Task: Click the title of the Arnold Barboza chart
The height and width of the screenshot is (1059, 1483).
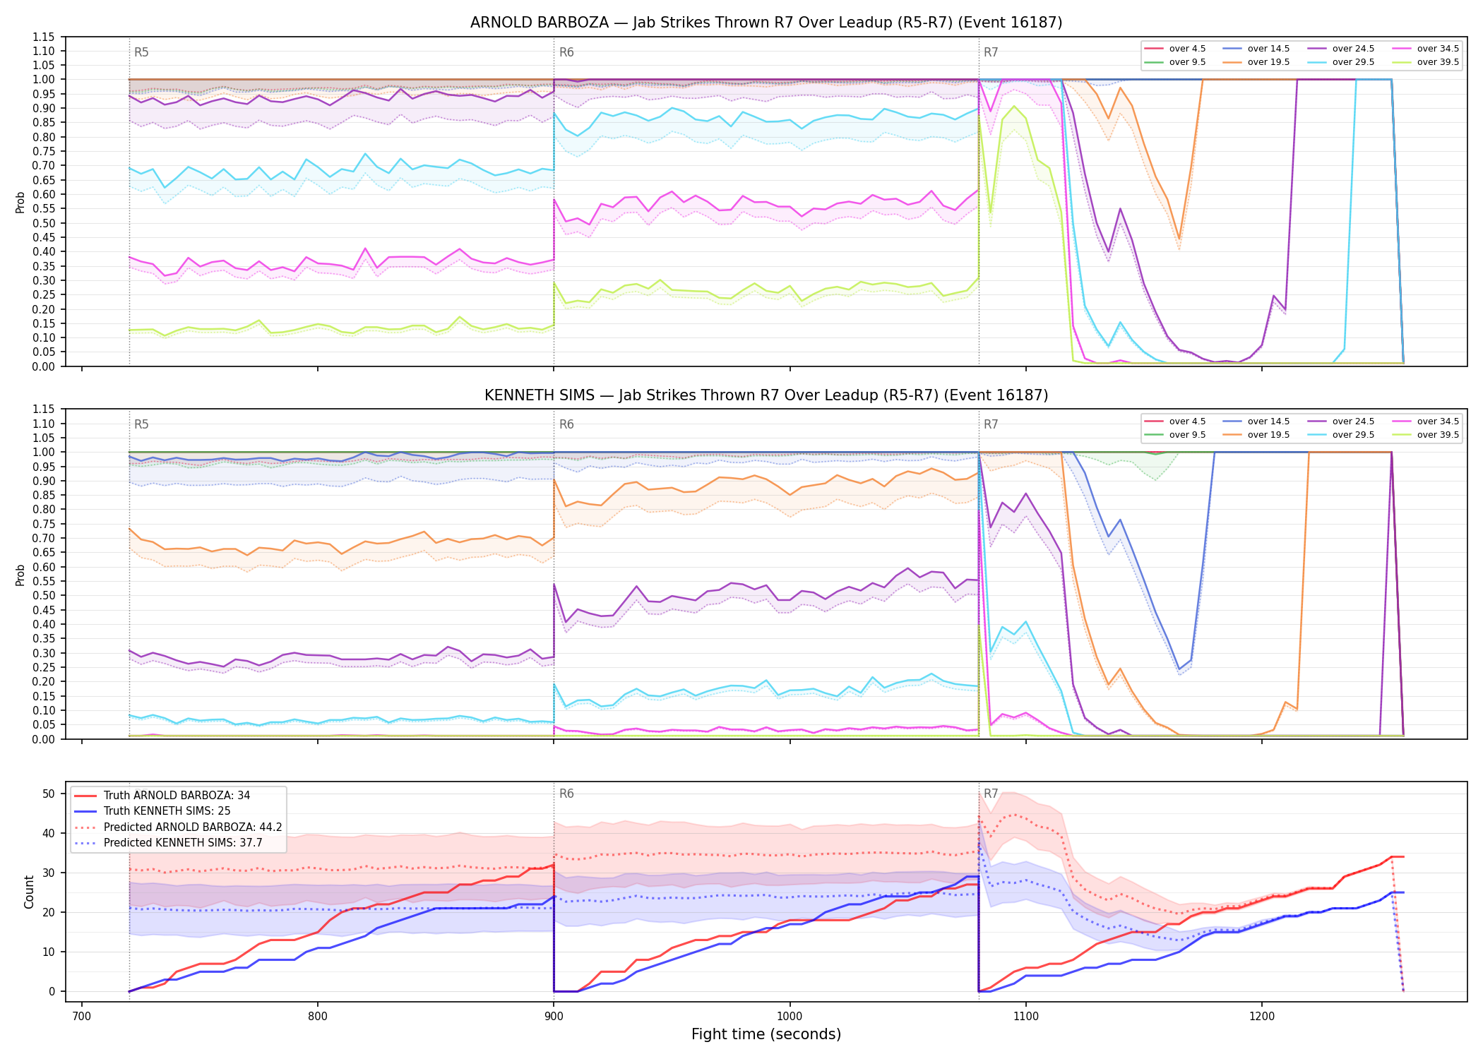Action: pyautogui.click(x=766, y=23)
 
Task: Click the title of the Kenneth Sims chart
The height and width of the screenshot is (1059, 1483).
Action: pyautogui.click(x=766, y=395)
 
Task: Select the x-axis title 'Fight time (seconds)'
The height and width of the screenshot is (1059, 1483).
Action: pyautogui.click(x=766, y=1034)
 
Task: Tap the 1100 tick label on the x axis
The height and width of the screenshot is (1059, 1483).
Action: pyautogui.click(x=1025, y=1017)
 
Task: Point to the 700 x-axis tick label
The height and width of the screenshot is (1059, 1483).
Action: pyautogui.click(x=81, y=1017)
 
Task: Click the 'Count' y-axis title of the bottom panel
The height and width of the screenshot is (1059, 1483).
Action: pyautogui.click(x=29, y=892)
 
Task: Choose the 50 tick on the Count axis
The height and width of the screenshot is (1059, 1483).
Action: pyautogui.click(x=49, y=794)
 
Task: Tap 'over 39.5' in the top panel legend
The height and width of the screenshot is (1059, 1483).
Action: pyautogui.click(x=1438, y=62)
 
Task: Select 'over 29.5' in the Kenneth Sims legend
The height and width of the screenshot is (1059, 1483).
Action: pyautogui.click(x=1353, y=435)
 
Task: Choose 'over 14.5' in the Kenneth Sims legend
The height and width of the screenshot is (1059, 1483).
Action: pyautogui.click(x=1268, y=421)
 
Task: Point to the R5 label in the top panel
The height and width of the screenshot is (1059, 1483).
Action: pyautogui.click(x=141, y=52)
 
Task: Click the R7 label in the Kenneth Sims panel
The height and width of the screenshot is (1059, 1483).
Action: pyautogui.click(x=991, y=424)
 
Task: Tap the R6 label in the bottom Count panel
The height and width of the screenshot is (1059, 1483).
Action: pyautogui.click(x=566, y=794)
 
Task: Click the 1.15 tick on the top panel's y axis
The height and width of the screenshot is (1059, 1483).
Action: pyautogui.click(x=44, y=37)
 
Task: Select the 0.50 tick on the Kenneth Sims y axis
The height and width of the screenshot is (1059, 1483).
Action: pyautogui.click(x=44, y=595)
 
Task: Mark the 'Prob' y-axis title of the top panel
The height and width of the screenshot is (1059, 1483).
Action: pyautogui.click(x=20, y=202)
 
